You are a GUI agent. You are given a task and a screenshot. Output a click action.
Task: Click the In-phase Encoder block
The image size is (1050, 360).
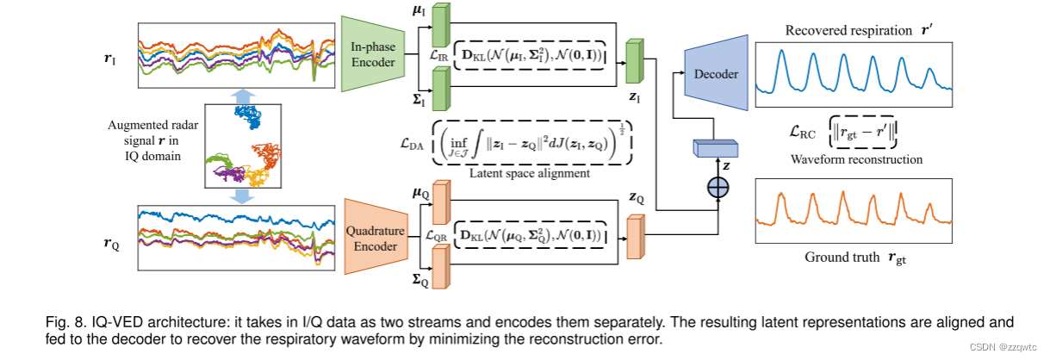coord(373,53)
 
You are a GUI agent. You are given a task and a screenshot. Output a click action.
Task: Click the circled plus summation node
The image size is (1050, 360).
coord(714,189)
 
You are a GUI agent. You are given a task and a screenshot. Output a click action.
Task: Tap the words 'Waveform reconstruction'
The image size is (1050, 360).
coord(853,159)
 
